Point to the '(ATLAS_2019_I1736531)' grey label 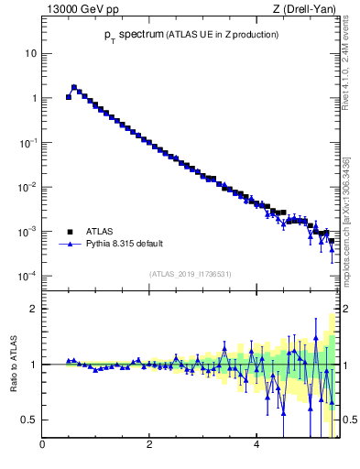pyautogui.click(x=191, y=274)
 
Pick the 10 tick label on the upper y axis pyautogui.click(x=30, y=53)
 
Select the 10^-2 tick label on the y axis pyautogui.click(x=27, y=187)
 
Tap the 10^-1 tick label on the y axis pyautogui.click(x=27, y=143)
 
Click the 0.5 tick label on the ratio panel pyautogui.click(x=28, y=420)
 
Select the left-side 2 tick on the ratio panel pyautogui.click(x=33, y=309)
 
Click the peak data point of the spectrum pyautogui.click(x=74, y=88)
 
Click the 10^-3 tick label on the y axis pyautogui.click(x=27, y=232)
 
